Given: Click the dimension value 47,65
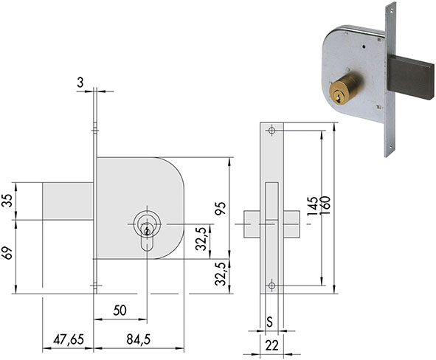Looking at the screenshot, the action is click(x=69, y=339).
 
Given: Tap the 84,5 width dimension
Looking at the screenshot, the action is click(x=139, y=339).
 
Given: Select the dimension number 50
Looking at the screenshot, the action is click(x=120, y=311).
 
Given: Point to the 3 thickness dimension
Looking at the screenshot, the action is click(x=80, y=83).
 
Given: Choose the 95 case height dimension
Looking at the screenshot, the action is click(x=221, y=209).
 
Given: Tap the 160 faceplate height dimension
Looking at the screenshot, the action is click(x=325, y=205).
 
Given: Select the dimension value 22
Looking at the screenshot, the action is click(x=271, y=346).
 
